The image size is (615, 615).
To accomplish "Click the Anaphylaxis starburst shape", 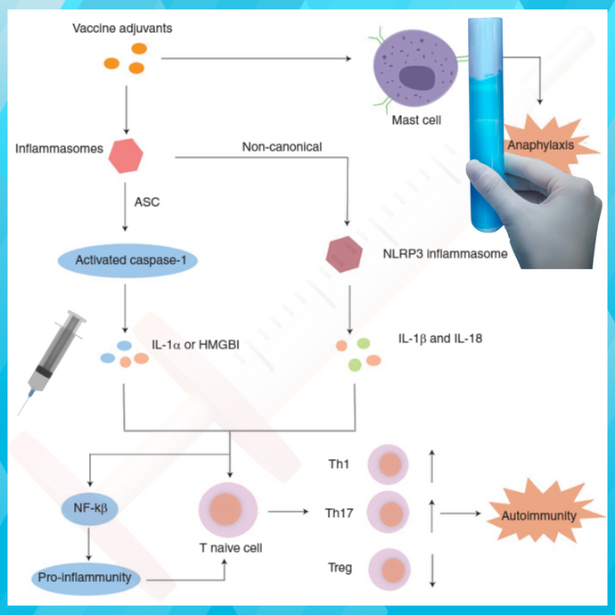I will (x=539, y=143).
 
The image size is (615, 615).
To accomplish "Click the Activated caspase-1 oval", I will (x=127, y=260).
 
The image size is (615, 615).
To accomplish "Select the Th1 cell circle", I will (x=389, y=464).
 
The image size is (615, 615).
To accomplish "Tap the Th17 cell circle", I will (x=389, y=514).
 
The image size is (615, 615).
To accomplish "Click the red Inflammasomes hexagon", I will (x=127, y=158).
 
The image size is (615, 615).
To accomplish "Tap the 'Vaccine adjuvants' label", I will (x=122, y=29).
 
